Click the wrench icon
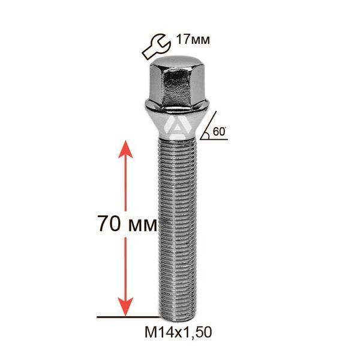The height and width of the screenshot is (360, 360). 156,46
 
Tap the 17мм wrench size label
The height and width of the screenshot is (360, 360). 193,40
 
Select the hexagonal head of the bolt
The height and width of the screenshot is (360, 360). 176,83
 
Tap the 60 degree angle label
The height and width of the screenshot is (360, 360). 219,131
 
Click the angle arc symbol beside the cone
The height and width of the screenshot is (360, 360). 207,136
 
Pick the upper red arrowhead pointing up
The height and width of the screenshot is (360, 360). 125,149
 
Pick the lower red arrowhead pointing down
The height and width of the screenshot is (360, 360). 125,307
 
